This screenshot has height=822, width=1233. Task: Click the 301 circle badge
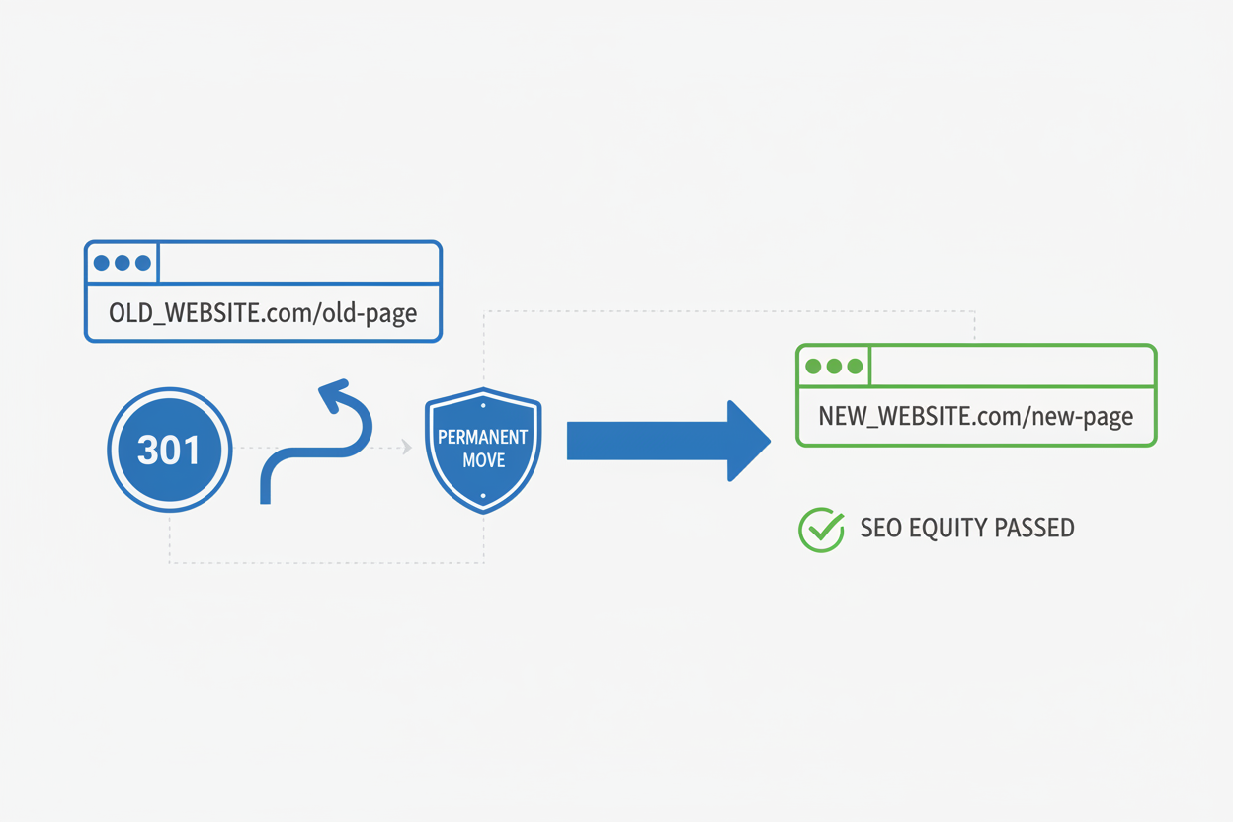coord(170,450)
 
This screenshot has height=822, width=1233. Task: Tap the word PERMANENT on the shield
coord(482,437)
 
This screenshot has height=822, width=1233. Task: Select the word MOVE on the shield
coord(483,460)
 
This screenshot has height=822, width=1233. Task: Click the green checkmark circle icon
coord(820,530)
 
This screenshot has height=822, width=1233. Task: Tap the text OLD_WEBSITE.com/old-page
coord(263,313)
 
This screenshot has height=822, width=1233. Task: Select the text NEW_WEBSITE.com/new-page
coord(975,416)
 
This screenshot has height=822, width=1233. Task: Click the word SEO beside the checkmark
coord(879,529)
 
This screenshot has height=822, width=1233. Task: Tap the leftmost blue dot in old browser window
coord(101,263)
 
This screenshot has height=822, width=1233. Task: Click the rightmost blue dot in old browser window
coord(143,263)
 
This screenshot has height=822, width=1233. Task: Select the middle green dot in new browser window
coord(834,367)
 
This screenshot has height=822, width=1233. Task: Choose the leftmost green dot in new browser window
coord(813,367)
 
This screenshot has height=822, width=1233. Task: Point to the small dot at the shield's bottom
coord(483,496)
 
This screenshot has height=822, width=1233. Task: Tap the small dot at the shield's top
coord(483,405)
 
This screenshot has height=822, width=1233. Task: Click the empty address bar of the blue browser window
coord(298,263)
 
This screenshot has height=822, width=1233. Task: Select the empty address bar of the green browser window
coord(1011,367)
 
